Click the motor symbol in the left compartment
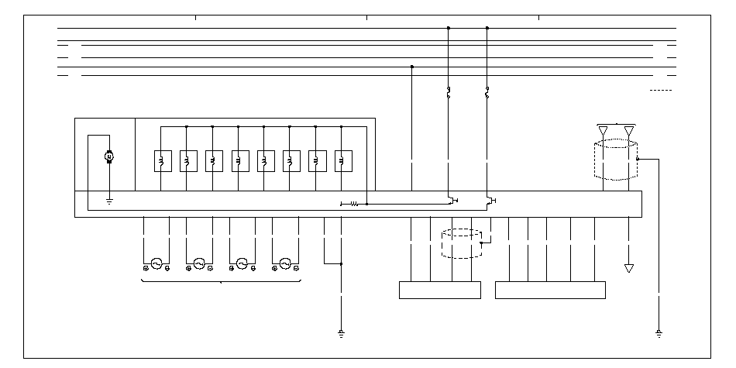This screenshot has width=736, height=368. coord(109,157)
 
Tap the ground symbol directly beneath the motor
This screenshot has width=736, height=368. coord(109,202)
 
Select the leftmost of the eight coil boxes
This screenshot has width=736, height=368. coord(161,160)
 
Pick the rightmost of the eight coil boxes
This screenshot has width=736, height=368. coord(342,160)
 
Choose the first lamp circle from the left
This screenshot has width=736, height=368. coord(156,263)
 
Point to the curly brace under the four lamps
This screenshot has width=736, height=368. coord(222,281)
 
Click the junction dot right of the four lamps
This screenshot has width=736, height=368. coord(342,263)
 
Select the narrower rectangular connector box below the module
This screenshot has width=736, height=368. coord(439,290)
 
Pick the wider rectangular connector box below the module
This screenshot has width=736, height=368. coord(550,290)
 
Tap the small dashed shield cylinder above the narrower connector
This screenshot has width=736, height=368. coord(461,242)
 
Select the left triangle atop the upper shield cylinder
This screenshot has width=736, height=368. coord(604,130)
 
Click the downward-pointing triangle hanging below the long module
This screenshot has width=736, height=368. coord(628,268)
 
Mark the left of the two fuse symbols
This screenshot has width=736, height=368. coord(449,95)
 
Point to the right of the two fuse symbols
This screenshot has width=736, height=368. coord(487,95)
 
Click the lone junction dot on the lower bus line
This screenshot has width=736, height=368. coord(411,67)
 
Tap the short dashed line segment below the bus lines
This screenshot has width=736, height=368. coord(661,91)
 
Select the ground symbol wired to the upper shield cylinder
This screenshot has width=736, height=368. coord(659,333)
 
